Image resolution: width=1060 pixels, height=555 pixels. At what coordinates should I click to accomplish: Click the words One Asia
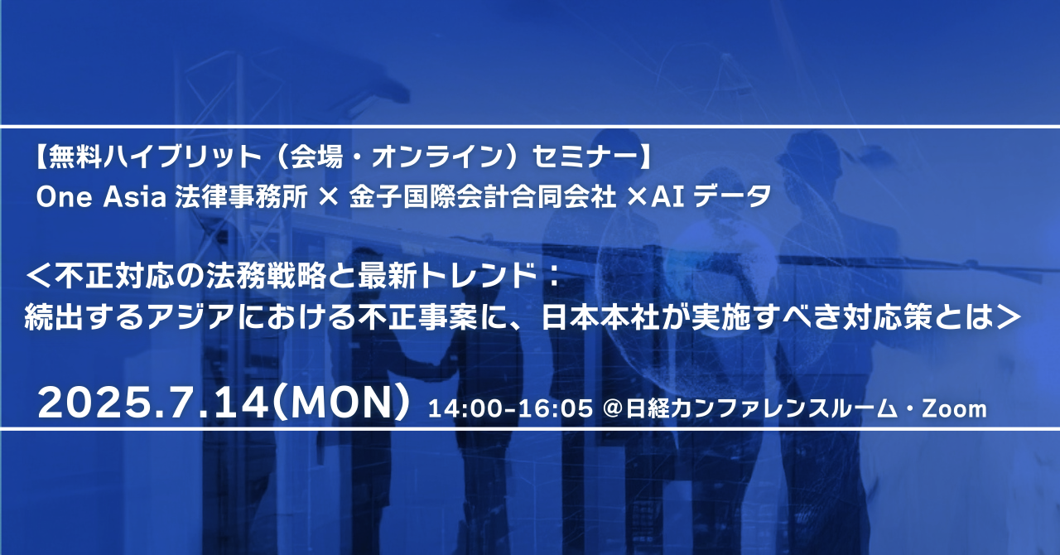pyautogui.click(x=101, y=197)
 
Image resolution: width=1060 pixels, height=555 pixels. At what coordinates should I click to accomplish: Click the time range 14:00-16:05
pyautogui.click(x=510, y=408)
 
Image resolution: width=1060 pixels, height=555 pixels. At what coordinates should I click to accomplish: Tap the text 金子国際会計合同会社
pyautogui.click(x=483, y=197)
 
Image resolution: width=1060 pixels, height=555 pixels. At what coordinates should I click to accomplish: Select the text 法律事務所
pyautogui.click(x=241, y=197)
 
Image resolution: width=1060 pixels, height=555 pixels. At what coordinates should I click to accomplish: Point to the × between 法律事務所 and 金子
pyautogui.click(x=329, y=197)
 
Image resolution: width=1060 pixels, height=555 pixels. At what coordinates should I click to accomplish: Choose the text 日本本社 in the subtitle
pyautogui.click(x=600, y=317)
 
